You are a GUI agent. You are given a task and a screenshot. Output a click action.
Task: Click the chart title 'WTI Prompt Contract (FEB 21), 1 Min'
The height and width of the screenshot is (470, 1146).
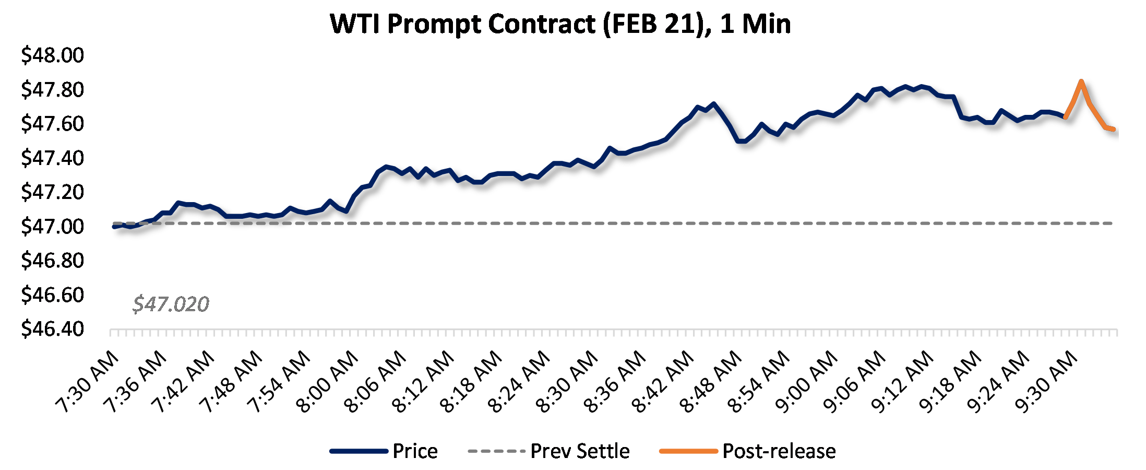[x=560, y=24]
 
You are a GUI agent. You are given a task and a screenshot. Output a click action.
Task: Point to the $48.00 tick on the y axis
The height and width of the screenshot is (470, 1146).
[x=52, y=55]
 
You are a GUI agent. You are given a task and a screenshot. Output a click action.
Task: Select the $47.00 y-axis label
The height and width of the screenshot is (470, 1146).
[x=52, y=227]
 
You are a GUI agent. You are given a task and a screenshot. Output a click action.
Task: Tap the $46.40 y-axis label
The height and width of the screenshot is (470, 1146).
[x=52, y=329]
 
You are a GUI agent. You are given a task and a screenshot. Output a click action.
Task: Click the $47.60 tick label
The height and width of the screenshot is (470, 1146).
[x=52, y=124]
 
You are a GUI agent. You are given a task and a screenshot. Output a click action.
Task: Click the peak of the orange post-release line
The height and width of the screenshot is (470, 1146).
[x=1081, y=81]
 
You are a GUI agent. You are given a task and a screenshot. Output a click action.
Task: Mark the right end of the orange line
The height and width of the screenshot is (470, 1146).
[x=1114, y=129]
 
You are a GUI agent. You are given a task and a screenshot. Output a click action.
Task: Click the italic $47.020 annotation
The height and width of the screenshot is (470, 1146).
[x=171, y=304]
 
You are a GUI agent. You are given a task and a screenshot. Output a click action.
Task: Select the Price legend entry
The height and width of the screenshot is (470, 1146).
[x=415, y=451]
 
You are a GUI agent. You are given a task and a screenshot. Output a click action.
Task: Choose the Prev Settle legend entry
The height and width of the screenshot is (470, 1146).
[x=580, y=451]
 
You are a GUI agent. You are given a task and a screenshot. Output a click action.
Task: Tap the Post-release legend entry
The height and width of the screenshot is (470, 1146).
[x=779, y=451]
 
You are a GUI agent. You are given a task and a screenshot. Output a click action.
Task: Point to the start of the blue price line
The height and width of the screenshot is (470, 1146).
[x=114, y=227]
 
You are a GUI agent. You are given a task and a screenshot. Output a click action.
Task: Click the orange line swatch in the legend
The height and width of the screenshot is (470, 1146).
[x=688, y=451]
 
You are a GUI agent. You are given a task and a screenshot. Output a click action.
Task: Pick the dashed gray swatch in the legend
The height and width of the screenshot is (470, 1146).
[x=496, y=451]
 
